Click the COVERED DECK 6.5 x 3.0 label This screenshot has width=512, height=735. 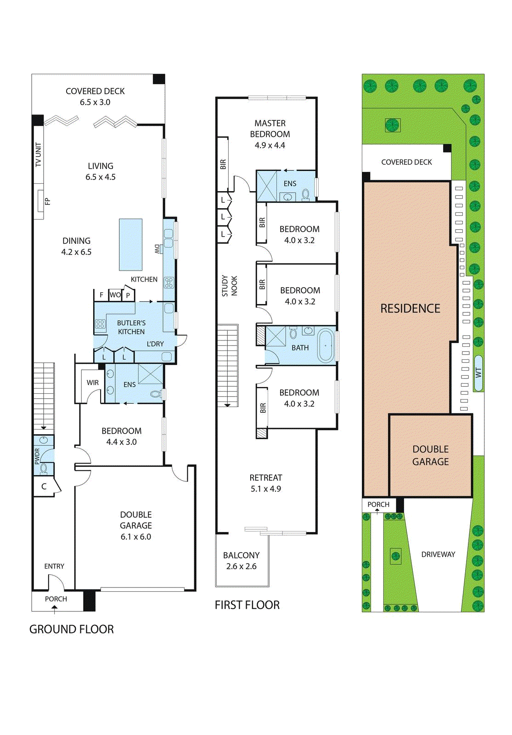point(95,96)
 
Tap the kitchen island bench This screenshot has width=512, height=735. point(130,244)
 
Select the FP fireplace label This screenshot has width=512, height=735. point(47,201)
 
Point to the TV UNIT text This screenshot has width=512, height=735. point(39,154)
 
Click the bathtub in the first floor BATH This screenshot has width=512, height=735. point(326,345)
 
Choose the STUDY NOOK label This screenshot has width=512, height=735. point(229,286)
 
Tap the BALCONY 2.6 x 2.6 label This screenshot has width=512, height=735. point(241,560)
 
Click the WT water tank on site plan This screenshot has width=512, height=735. point(478,373)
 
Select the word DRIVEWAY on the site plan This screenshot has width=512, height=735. point(438,554)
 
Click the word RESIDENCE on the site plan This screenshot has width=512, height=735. point(410,308)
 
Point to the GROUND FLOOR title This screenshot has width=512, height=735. point(72,629)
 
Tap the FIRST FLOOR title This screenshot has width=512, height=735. point(247,605)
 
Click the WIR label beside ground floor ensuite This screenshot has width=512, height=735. point(93,383)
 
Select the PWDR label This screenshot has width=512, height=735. point(38,456)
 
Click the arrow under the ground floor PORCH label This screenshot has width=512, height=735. point(54,609)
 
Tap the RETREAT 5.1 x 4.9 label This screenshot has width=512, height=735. point(266,483)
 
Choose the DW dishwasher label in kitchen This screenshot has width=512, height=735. point(157,249)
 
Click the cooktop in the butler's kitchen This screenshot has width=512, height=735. point(100,324)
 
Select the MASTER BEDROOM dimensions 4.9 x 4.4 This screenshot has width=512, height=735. point(270,145)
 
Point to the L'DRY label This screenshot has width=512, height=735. point(155,344)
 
